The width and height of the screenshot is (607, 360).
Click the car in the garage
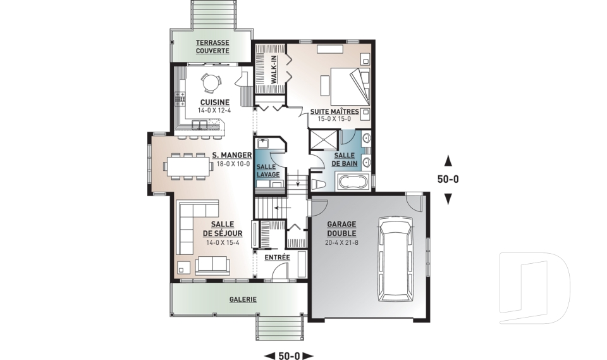point(396,259)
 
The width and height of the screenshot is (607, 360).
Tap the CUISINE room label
point(215,102)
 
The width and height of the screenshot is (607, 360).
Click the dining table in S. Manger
point(188,166)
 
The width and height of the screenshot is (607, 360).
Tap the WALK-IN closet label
point(274,70)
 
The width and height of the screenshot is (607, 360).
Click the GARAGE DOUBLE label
point(341,228)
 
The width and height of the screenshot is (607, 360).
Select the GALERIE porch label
point(243,299)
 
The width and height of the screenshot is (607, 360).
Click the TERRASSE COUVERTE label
point(212,46)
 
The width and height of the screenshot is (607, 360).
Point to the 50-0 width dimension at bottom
point(289,356)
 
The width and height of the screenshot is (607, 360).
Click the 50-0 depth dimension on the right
point(448,180)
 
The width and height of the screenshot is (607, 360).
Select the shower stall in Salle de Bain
point(324,140)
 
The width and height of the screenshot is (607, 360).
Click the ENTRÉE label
point(277,258)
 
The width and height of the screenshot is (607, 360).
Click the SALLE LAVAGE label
point(267,170)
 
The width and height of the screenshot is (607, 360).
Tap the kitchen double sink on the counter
point(200,125)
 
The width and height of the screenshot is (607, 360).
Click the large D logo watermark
point(534,288)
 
